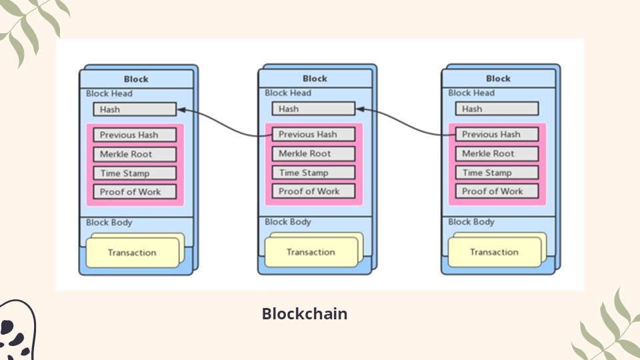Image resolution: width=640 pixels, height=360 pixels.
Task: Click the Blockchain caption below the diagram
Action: [305, 313]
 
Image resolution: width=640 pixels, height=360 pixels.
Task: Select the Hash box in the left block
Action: [135, 109]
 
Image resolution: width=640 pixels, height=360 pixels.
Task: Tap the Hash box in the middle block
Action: [313, 109]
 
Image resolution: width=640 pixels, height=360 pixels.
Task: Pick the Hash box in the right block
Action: [497, 109]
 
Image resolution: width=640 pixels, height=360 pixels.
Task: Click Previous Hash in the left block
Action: [135, 135]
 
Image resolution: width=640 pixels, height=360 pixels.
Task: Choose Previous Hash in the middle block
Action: [313, 134]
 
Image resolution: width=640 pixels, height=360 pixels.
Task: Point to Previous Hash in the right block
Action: [497, 134]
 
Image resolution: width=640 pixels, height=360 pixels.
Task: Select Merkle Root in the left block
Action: [135, 154]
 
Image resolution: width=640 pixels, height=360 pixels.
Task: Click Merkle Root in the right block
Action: [497, 153]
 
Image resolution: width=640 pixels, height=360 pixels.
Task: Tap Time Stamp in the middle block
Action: [313, 172]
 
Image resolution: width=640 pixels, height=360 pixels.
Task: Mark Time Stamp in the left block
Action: [135, 173]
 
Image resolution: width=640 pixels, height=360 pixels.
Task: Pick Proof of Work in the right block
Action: [497, 191]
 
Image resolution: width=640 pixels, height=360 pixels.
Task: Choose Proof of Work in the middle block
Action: [313, 191]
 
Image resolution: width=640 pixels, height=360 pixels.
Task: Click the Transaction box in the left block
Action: [132, 253]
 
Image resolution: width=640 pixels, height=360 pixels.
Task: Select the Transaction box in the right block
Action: [494, 252]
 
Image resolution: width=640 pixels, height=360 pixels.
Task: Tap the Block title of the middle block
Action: [315, 79]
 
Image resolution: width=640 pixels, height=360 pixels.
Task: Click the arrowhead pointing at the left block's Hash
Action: [182, 110]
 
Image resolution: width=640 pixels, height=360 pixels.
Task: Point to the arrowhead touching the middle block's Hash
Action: [361, 109]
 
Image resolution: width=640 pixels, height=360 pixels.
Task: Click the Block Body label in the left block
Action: [109, 223]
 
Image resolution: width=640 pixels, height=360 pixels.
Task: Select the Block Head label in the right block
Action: [471, 93]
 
